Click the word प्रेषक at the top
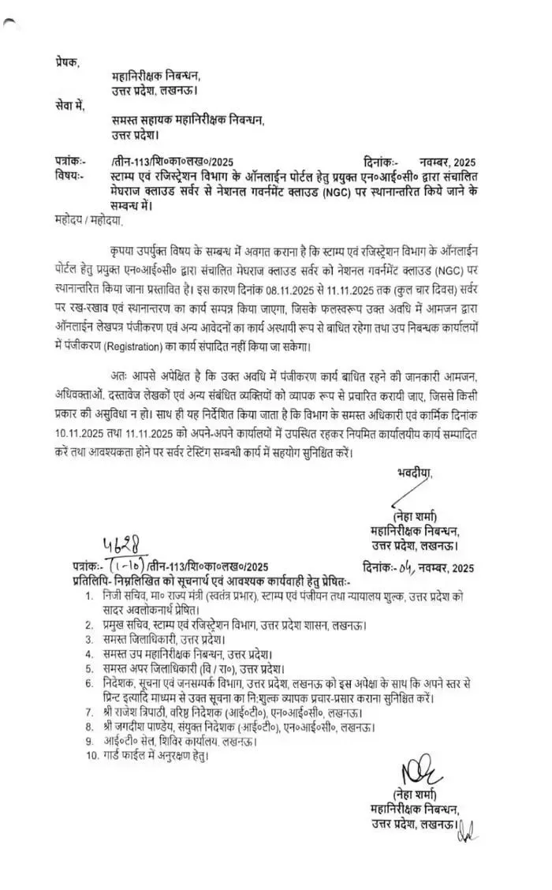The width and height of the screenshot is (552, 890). coord(68,62)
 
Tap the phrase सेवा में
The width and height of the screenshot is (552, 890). coord(69,106)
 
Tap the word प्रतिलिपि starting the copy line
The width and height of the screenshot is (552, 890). coord(80,580)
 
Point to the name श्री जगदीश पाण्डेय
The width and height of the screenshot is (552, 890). coord(144,727)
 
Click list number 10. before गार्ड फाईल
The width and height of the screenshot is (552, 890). coord(90,756)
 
